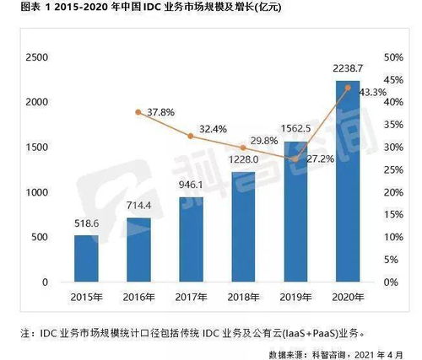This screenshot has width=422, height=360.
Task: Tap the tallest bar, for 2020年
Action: pos(348,181)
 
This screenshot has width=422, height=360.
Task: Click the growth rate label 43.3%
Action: pos(371,91)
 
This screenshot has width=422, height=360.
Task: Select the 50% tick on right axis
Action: pos(395,56)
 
